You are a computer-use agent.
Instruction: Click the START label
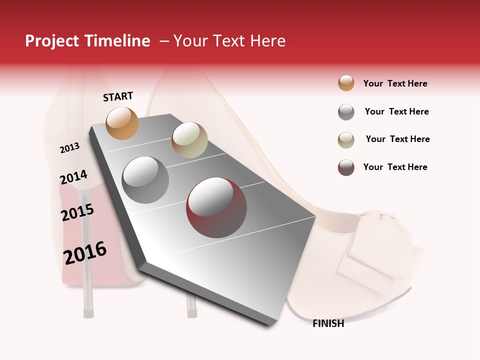(x=118, y=96)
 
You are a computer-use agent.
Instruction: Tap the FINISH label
(x=328, y=323)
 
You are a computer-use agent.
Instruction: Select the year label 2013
(x=69, y=147)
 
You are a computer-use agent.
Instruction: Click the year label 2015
(x=77, y=212)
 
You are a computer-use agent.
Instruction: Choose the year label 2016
(x=85, y=253)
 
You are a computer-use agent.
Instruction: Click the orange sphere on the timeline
(x=122, y=123)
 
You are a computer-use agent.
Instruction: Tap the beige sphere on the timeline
(x=189, y=140)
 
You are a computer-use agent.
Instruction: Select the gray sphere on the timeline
(x=145, y=179)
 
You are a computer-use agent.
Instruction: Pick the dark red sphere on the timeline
(x=216, y=207)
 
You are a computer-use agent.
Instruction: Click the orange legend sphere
(x=346, y=83)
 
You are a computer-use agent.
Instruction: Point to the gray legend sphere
(x=346, y=112)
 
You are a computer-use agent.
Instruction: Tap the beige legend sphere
(x=346, y=139)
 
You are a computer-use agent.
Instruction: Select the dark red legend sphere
(x=346, y=167)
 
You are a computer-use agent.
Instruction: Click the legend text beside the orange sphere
(x=395, y=83)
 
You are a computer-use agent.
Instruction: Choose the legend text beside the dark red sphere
(x=395, y=167)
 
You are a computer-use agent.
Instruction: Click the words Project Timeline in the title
(x=87, y=41)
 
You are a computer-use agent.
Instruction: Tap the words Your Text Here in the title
(x=229, y=41)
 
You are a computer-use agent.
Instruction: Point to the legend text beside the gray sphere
(x=396, y=111)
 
